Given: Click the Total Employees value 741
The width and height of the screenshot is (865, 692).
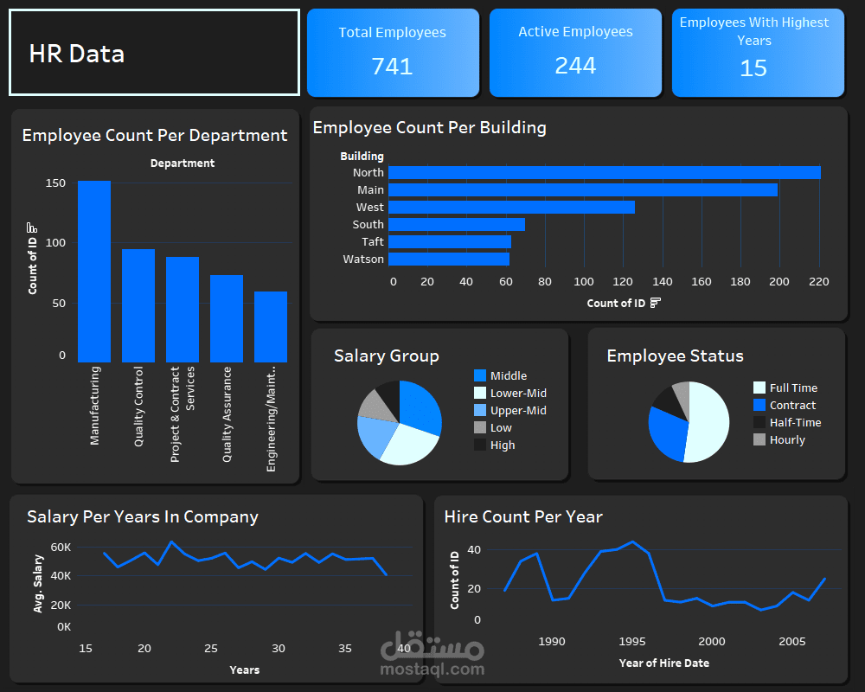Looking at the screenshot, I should [x=392, y=67].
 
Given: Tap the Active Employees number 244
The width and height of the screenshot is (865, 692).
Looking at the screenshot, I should [x=575, y=66].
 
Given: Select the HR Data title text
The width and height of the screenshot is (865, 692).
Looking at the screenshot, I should [x=77, y=54].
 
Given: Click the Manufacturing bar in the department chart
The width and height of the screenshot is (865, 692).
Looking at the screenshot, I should [x=94, y=272].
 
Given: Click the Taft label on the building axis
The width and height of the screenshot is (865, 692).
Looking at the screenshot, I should [x=372, y=242].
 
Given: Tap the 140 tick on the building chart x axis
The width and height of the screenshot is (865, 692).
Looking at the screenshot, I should [x=663, y=281].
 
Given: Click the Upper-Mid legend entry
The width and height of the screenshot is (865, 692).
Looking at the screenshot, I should [x=518, y=411].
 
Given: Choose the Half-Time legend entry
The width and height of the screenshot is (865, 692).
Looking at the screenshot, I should [x=795, y=423].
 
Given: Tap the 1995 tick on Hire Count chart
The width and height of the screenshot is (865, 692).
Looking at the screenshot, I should [x=632, y=642].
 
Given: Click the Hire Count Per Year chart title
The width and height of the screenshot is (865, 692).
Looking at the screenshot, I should [x=522, y=517].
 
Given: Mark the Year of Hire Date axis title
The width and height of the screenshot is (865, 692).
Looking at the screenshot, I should [x=663, y=663].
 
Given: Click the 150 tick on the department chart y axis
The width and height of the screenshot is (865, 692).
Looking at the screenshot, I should [x=55, y=183].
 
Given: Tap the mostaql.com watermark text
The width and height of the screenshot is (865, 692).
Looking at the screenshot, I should [x=432, y=669].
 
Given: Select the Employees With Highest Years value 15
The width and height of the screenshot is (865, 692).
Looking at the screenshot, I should [x=753, y=68].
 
